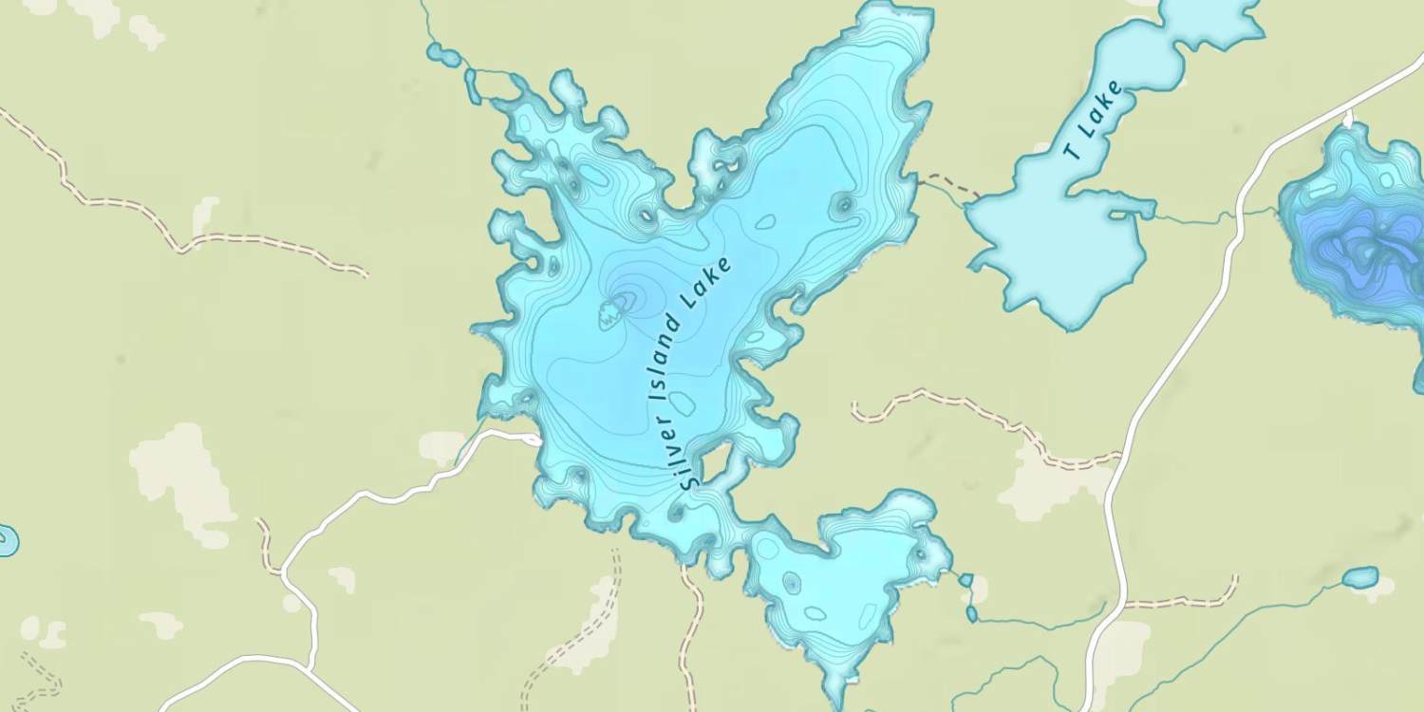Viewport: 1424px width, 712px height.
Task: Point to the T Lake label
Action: pos(1092,122)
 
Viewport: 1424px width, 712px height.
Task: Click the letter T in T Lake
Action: pos(1073,151)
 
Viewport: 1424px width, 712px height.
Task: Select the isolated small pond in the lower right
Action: pos(1360,577)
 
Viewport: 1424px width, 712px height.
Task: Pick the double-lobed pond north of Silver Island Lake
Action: pos(442,54)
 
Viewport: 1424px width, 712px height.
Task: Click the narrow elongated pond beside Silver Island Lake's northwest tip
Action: pos(472,86)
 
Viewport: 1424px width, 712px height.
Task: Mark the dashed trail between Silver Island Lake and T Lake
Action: pos(949,184)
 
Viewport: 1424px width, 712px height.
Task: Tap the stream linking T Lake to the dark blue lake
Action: pos(1206,218)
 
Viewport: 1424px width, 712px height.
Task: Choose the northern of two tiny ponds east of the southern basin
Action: pos(965,579)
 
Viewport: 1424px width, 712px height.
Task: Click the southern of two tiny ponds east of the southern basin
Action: pos(972,614)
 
